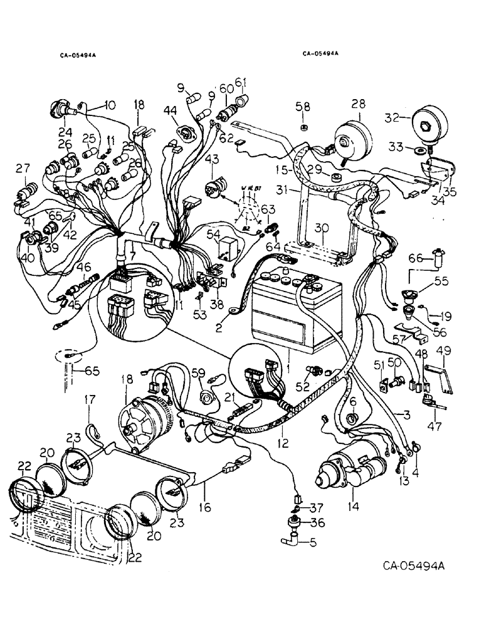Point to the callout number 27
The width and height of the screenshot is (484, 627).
[x=23, y=167]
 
